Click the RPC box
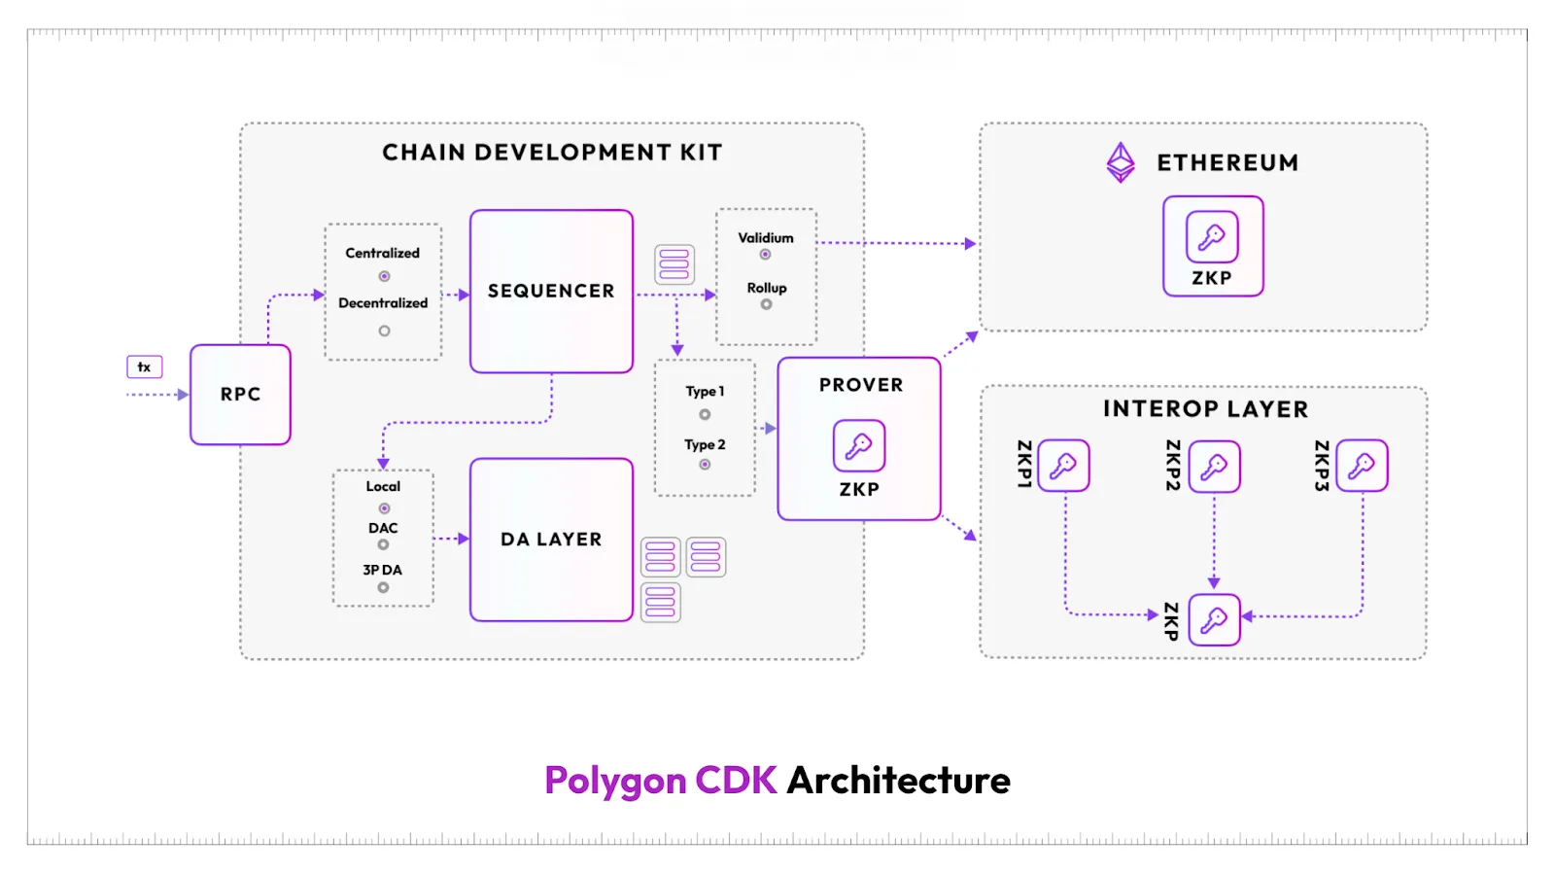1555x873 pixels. click(x=240, y=394)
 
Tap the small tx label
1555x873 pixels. click(x=144, y=367)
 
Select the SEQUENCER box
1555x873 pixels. click(x=551, y=291)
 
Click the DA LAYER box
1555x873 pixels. click(x=551, y=540)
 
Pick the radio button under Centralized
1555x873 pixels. click(x=384, y=276)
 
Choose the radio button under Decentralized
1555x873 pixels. click(x=384, y=331)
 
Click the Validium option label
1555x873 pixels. click(x=766, y=237)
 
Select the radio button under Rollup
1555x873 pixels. click(x=766, y=304)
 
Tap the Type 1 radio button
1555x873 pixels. click(x=705, y=414)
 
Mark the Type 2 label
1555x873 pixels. click(x=705, y=444)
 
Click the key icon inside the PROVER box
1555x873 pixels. click(x=859, y=445)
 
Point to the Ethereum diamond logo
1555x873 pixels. click(x=1121, y=162)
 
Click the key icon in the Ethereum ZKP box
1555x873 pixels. click(x=1212, y=236)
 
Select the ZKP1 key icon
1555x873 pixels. click(x=1063, y=466)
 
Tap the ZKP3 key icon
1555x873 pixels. click(x=1362, y=466)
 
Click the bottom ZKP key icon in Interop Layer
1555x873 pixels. click(x=1214, y=619)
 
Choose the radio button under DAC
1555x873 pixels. click(x=383, y=544)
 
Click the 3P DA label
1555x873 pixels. click(x=382, y=570)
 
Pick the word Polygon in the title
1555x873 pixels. click(x=615, y=781)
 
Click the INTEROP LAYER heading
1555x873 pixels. click(x=1205, y=409)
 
